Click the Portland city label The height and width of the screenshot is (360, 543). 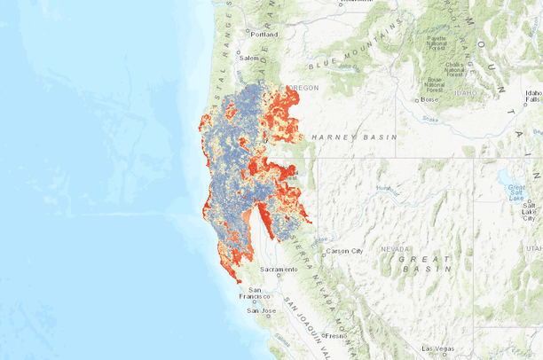(x=264, y=35)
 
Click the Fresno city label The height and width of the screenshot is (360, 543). (x=334, y=336)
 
